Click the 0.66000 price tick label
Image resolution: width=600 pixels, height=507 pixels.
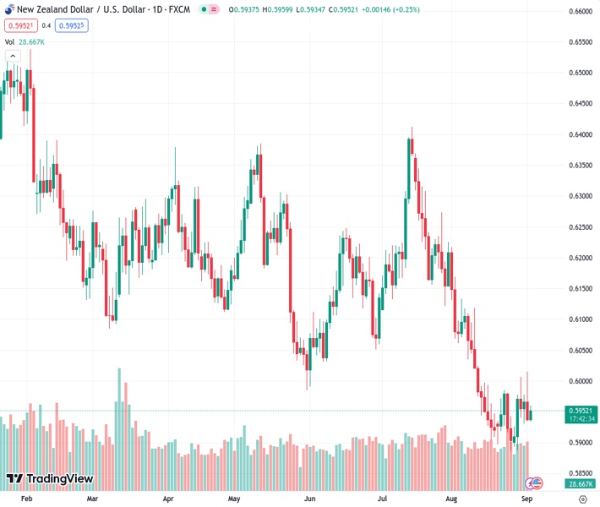point(579,11)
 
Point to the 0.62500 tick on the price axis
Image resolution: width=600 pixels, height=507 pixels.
point(579,226)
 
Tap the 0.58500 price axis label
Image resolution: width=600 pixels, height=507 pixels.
point(579,473)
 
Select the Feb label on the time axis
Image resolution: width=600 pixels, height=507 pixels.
point(26,499)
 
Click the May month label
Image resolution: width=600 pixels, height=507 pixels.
point(234,499)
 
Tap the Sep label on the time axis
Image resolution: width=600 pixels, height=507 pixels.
point(526,499)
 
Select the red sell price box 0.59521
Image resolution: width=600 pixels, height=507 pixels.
point(19,25)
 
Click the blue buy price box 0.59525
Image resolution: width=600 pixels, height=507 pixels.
point(71,25)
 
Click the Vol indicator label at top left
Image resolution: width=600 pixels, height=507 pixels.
point(9,41)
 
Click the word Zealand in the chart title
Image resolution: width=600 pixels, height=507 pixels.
point(57,9)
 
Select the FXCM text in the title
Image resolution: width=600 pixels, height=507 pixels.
point(178,9)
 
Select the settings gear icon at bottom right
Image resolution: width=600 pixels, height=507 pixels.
point(582,499)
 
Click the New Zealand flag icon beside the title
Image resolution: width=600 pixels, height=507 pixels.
point(8,9)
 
